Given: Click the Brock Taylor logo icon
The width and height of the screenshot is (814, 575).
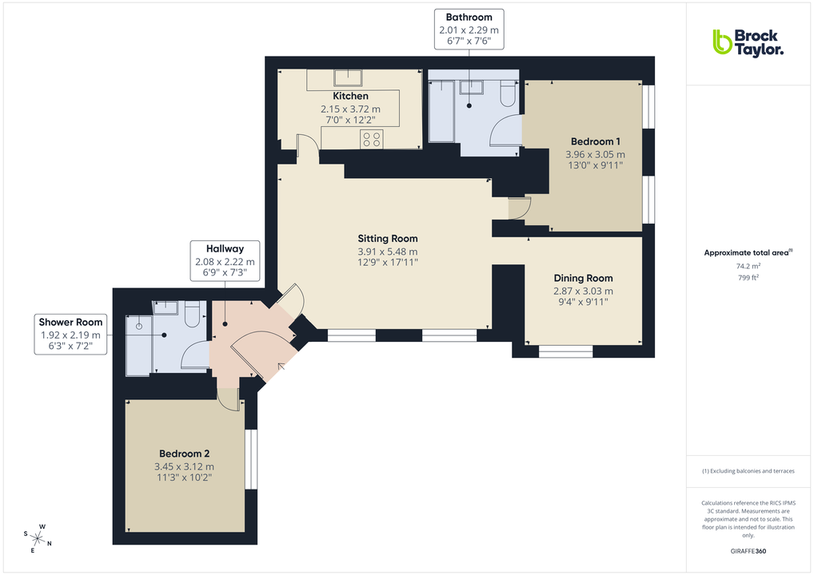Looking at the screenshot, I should (722, 42).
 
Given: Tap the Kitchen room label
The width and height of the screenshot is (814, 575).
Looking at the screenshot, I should (350, 96).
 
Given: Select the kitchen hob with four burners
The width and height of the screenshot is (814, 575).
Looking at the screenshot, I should (372, 139).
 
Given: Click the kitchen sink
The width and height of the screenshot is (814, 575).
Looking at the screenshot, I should (347, 77).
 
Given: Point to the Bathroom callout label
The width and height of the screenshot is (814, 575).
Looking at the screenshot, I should (469, 17).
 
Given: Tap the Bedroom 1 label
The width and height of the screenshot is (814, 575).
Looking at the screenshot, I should (595, 141).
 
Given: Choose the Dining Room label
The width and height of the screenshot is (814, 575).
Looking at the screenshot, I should (583, 278).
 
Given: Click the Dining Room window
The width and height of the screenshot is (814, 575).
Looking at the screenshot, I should (565, 350).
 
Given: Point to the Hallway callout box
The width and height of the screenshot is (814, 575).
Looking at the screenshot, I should (224, 260).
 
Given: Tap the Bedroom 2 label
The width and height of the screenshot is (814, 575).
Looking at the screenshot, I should (184, 453).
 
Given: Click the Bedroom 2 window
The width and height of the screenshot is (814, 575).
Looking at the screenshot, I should (251, 459).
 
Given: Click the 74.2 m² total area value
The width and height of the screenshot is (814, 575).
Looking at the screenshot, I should (748, 266).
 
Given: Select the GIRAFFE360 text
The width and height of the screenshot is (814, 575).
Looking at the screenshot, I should (748, 551).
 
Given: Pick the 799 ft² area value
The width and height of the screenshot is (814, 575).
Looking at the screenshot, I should (748, 278).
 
